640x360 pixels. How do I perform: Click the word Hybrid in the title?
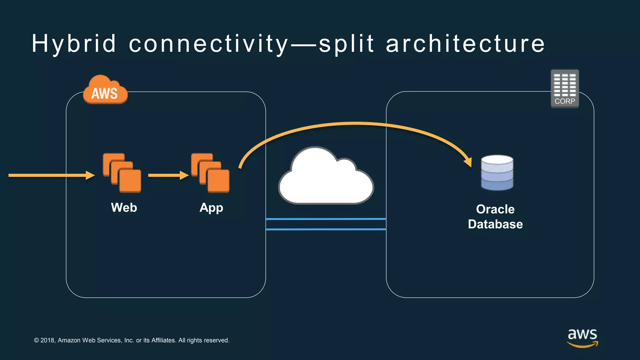tap(74, 44)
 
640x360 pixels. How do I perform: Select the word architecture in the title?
tap(465, 44)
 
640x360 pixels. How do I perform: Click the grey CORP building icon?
tap(565, 88)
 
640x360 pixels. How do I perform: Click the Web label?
tap(124, 207)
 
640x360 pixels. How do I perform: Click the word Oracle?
tap(495, 209)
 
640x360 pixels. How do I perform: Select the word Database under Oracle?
tap(495, 224)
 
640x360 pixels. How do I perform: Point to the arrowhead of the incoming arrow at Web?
tap(91, 175)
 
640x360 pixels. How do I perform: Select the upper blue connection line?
tap(326, 219)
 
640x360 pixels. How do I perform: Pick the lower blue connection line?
tap(326, 229)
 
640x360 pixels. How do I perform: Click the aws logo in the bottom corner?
tap(582, 337)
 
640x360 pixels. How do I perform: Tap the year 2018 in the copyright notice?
tap(48, 340)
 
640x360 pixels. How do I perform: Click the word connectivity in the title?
tap(208, 44)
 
